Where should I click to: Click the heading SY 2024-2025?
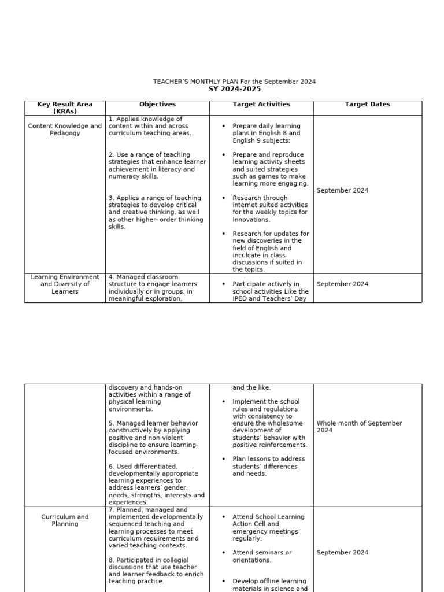point(234,89)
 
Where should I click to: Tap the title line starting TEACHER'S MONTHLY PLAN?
point(234,82)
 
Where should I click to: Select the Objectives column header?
point(157,105)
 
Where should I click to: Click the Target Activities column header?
point(261,105)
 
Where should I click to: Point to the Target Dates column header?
point(367,105)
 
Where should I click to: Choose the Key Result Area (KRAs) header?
point(65,108)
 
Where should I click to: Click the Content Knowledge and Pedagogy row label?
point(65,129)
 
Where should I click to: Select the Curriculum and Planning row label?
point(65,520)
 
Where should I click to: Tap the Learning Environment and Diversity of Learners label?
point(65,284)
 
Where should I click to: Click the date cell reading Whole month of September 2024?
point(359,427)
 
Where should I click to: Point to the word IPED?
point(242,298)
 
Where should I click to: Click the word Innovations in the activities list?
point(251,220)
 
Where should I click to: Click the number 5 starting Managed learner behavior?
point(110,423)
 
